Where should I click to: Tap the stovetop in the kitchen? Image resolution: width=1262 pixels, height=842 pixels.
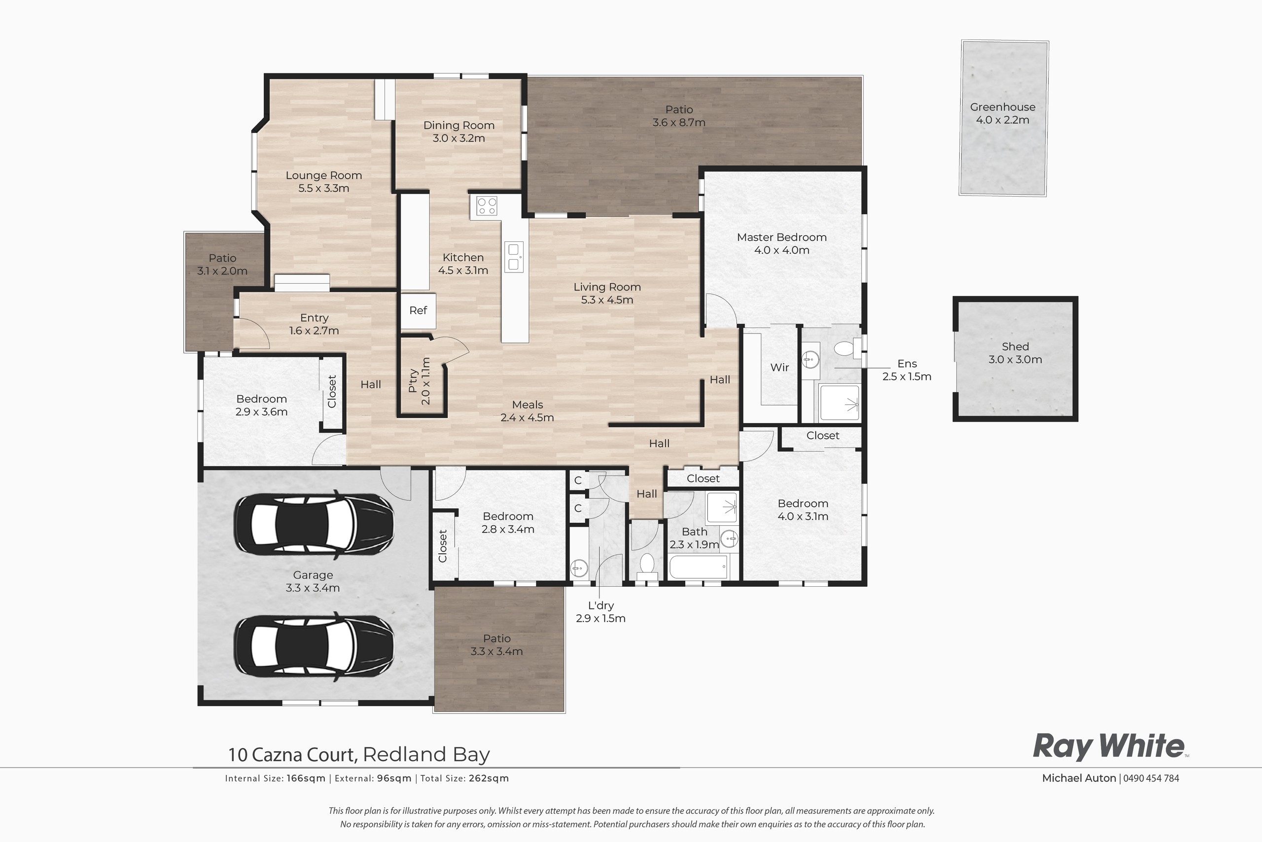click(487, 205)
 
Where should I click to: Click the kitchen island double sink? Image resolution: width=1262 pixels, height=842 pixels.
click(514, 257)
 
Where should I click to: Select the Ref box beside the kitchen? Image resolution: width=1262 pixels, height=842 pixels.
click(418, 310)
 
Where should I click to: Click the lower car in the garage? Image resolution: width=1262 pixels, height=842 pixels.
click(313, 646)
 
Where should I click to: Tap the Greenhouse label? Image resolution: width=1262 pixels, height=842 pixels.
click(1003, 107)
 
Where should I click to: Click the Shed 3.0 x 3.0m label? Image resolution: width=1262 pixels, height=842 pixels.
click(1015, 353)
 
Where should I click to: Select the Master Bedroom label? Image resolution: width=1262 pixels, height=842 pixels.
click(781, 237)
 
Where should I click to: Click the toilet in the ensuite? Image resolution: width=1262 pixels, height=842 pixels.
click(844, 348)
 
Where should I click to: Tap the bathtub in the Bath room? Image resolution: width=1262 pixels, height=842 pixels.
click(699, 567)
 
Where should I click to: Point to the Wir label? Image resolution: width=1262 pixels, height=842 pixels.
click(779, 368)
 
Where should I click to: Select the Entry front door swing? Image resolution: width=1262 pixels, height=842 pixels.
click(252, 333)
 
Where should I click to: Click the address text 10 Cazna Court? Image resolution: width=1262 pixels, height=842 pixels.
click(293, 754)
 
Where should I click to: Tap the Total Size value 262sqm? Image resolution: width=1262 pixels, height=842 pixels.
click(489, 778)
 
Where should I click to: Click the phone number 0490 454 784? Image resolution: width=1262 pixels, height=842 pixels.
click(1151, 778)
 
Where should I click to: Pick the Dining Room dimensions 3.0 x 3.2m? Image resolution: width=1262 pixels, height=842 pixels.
click(458, 138)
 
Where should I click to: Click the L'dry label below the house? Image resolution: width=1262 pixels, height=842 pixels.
click(600, 605)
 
